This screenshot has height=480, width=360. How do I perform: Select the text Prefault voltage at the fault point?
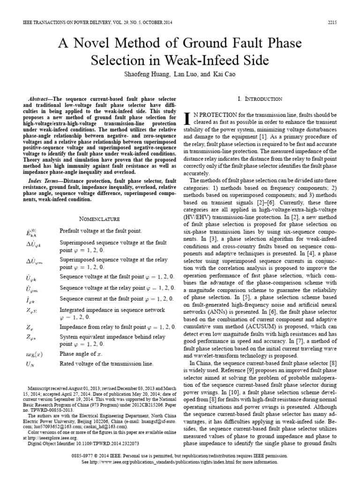coord(100,231)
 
